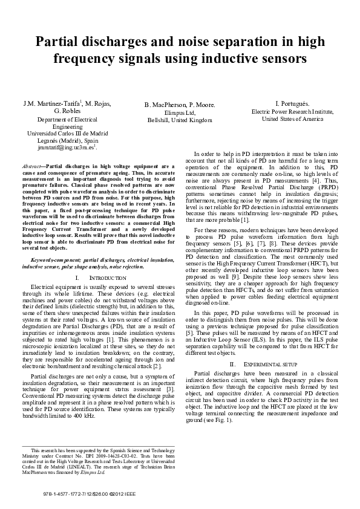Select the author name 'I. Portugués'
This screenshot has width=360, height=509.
coord(293,103)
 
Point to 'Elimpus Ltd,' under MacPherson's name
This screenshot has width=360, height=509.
coord(180,112)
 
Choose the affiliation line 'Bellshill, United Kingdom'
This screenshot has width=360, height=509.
coord(180,120)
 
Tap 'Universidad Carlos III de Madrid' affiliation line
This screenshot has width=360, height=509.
coord(67,133)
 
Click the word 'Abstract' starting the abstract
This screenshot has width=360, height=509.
coord(31,165)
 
